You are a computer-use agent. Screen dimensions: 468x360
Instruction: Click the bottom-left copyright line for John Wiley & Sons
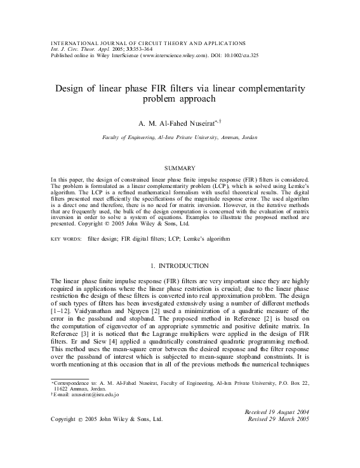tap(107, 419)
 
